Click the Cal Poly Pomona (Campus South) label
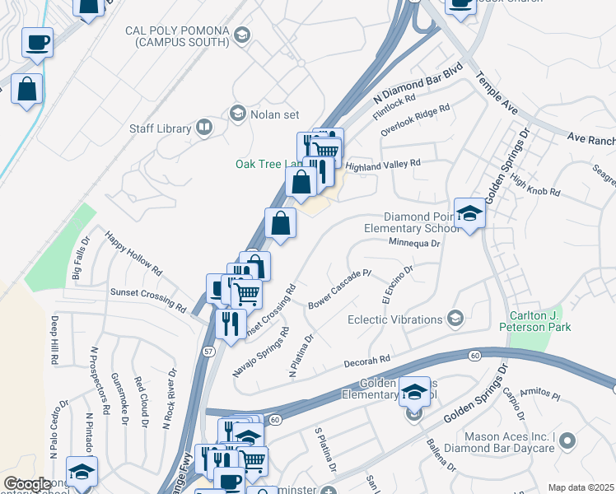176,36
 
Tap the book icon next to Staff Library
203,128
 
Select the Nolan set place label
275,114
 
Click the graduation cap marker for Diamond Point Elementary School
469,215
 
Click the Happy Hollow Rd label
133,252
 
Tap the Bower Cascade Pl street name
340,289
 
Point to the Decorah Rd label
367,361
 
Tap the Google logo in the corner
27,484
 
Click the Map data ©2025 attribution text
580,487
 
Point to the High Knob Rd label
536,185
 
